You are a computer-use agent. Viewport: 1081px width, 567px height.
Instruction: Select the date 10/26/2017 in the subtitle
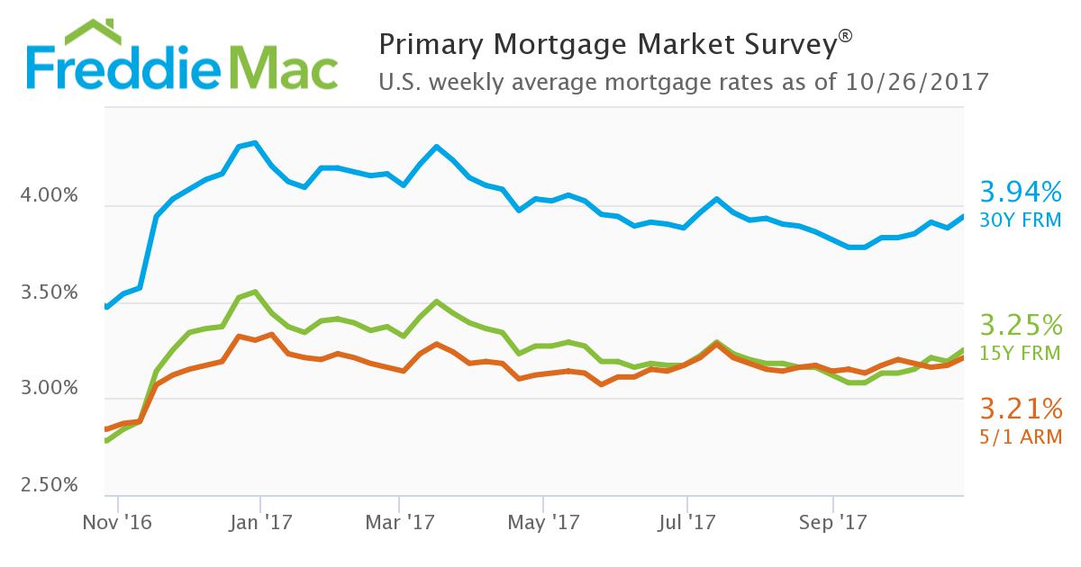coord(918,82)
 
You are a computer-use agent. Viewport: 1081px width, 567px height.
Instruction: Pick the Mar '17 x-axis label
coord(400,523)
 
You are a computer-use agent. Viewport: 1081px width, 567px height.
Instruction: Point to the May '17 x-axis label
coord(543,523)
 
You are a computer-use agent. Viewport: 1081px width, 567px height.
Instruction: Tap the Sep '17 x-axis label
coord(832,523)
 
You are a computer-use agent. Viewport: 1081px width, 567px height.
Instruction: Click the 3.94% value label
coord(1021,192)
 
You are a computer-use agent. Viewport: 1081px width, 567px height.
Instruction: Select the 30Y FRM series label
coord(1021,219)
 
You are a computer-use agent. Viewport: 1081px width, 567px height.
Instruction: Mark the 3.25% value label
coord(1021,324)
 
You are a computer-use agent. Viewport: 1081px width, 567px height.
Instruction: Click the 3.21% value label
coord(1021,410)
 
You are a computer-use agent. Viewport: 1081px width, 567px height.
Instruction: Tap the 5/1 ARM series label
coord(1021,437)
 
